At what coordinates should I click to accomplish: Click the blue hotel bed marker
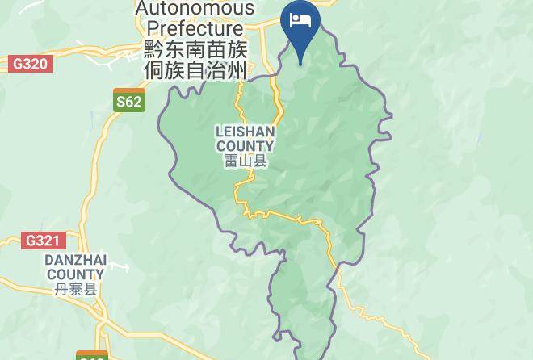pos(300,24)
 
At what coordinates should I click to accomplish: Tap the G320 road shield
pos(30,64)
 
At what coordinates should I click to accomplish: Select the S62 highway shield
pos(128,101)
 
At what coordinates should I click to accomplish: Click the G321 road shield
pos(43,241)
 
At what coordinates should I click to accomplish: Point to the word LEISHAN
pos(246,132)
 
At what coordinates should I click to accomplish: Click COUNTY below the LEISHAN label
pos(246,146)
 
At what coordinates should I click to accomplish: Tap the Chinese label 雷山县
pos(246,161)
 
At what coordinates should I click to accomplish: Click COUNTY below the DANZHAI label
pos(75,275)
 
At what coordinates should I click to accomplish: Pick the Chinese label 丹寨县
pos(75,289)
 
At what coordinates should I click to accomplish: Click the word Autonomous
pos(195,9)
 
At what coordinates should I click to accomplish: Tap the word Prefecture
pos(195,29)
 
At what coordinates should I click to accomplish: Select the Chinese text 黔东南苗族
pos(195,50)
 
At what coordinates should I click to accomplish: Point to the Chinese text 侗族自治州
pos(195,71)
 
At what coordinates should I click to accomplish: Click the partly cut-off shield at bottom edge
pos(92,356)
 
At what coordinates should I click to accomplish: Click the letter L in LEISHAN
pos(219,132)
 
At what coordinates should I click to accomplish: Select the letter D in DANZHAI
pos(48,261)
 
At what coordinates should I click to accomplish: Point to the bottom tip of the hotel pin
pos(300,63)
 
